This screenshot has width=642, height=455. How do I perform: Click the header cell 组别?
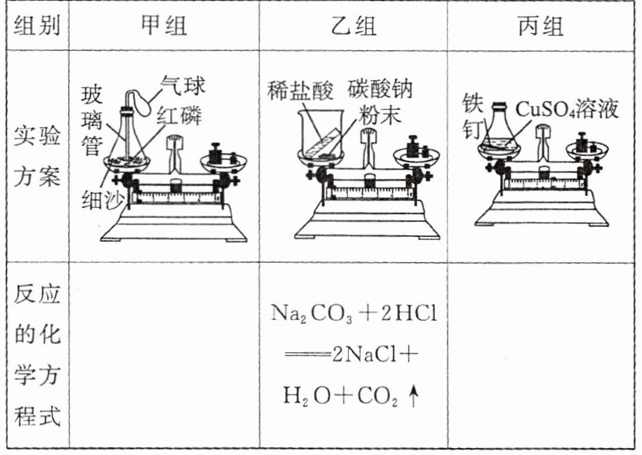38,26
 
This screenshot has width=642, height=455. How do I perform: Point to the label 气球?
182,83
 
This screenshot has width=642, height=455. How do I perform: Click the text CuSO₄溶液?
567,108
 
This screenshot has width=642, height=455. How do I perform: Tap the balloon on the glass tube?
141,100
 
